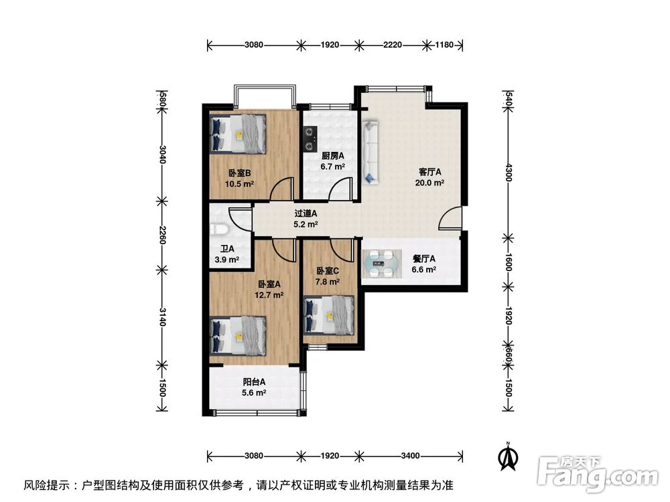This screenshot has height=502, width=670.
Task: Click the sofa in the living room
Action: point(371,151)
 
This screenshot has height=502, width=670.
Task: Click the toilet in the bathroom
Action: point(217,230)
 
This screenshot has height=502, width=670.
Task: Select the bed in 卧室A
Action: point(238,335)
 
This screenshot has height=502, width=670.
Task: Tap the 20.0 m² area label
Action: point(429,182)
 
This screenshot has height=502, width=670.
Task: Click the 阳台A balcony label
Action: point(254,382)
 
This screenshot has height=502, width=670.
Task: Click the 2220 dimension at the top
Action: point(393,46)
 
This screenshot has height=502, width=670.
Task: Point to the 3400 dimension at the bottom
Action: point(410,456)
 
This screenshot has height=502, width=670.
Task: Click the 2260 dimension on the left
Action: point(161,235)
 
